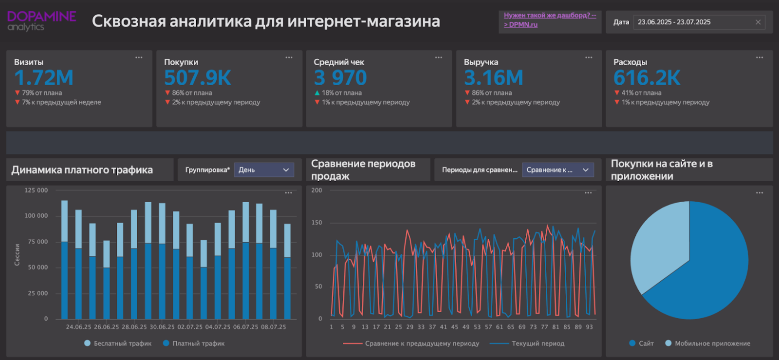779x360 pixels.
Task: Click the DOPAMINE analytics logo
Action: click(x=41, y=21)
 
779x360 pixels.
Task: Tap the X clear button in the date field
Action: click(x=758, y=22)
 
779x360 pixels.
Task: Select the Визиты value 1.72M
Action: click(x=44, y=78)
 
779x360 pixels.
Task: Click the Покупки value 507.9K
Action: click(x=197, y=78)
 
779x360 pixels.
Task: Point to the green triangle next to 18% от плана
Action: click(x=317, y=93)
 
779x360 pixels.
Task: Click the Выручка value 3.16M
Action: click(x=493, y=78)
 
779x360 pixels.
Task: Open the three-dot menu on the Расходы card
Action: click(x=760, y=57)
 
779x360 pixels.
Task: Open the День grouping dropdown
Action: click(x=264, y=170)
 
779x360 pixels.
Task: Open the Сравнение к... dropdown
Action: click(x=557, y=170)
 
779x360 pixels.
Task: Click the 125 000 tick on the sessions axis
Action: click(x=36, y=190)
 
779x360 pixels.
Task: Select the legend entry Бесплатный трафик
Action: click(x=118, y=343)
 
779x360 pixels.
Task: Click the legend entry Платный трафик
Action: click(x=194, y=343)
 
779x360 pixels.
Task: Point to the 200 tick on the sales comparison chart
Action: click(x=316, y=190)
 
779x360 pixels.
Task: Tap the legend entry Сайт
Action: click(x=641, y=343)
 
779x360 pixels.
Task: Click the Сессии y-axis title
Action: click(x=17, y=254)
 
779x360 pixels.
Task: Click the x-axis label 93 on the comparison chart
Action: click(x=589, y=327)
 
